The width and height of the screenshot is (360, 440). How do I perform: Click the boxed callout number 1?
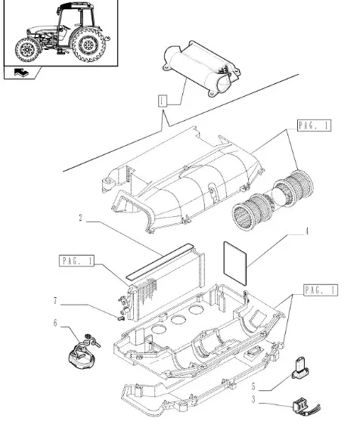pyautogui.click(x=163, y=101)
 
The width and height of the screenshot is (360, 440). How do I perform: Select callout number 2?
pyautogui.click(x=81, y=218)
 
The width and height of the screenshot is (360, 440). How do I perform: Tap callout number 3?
pyautogui.click(x=253, y=399)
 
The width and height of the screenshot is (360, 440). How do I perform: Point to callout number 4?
pyautogui.click(x=306, y=231)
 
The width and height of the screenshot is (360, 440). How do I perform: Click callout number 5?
pyautogui.click(x=253, y=386)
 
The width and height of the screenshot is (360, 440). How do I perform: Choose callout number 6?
pyautogui.click(x=55, y=324)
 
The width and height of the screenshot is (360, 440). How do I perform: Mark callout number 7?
pyautogui.click(x=55, y=301)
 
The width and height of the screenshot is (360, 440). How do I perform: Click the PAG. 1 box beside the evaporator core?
pyautogui.click(x=76, y=261)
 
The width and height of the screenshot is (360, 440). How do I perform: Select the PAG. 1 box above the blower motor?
pyautogui.click(x=314, y=125)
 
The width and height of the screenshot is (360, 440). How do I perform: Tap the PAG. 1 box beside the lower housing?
pyautogui.click(x=321, y=290)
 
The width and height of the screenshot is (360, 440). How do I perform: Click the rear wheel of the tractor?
pyautogui.click(x=88, y=44)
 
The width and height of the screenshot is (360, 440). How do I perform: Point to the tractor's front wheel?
pyautogui.click(x=27, y=50)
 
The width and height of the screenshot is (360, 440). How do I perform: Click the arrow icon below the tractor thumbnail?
pyautogui.click(x=21, y=73)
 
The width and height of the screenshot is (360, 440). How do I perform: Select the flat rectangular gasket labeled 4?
pyautogui.click(x=235, y=263)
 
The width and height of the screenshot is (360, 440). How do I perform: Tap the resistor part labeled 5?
pyautogui.click(x=300, y=368)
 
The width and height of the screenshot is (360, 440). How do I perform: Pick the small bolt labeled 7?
pyautogui.click(x=120, y=318)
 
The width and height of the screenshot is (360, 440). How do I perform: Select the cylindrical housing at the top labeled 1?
pyautogui.click(x=200, y=68)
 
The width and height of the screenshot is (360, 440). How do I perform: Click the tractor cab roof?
pyautogui.click(x=76, y=6)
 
